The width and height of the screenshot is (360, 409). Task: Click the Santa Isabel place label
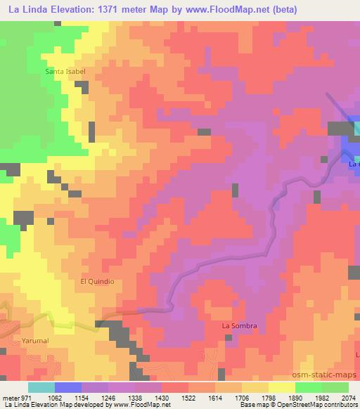click(65, 72)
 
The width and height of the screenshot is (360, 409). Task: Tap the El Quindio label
click(97, 281)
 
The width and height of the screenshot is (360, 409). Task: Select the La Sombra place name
click(240, 326)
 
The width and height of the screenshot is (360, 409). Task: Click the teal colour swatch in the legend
click(41, 387)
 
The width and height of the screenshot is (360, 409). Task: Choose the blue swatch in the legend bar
click(68, 387)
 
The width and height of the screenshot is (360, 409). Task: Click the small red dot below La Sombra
click(229, 337)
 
